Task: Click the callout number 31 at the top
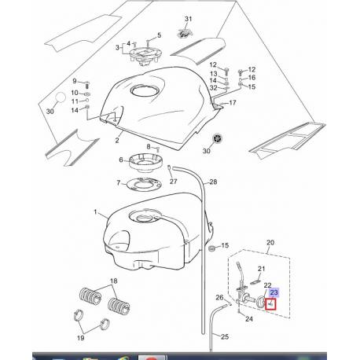coord(187,18)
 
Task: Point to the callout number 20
coord(272,244)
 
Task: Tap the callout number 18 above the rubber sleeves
coord(114,281)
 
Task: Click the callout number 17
coord(232,103)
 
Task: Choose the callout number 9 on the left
coord(76,81)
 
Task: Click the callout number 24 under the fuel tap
coord(249,320)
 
